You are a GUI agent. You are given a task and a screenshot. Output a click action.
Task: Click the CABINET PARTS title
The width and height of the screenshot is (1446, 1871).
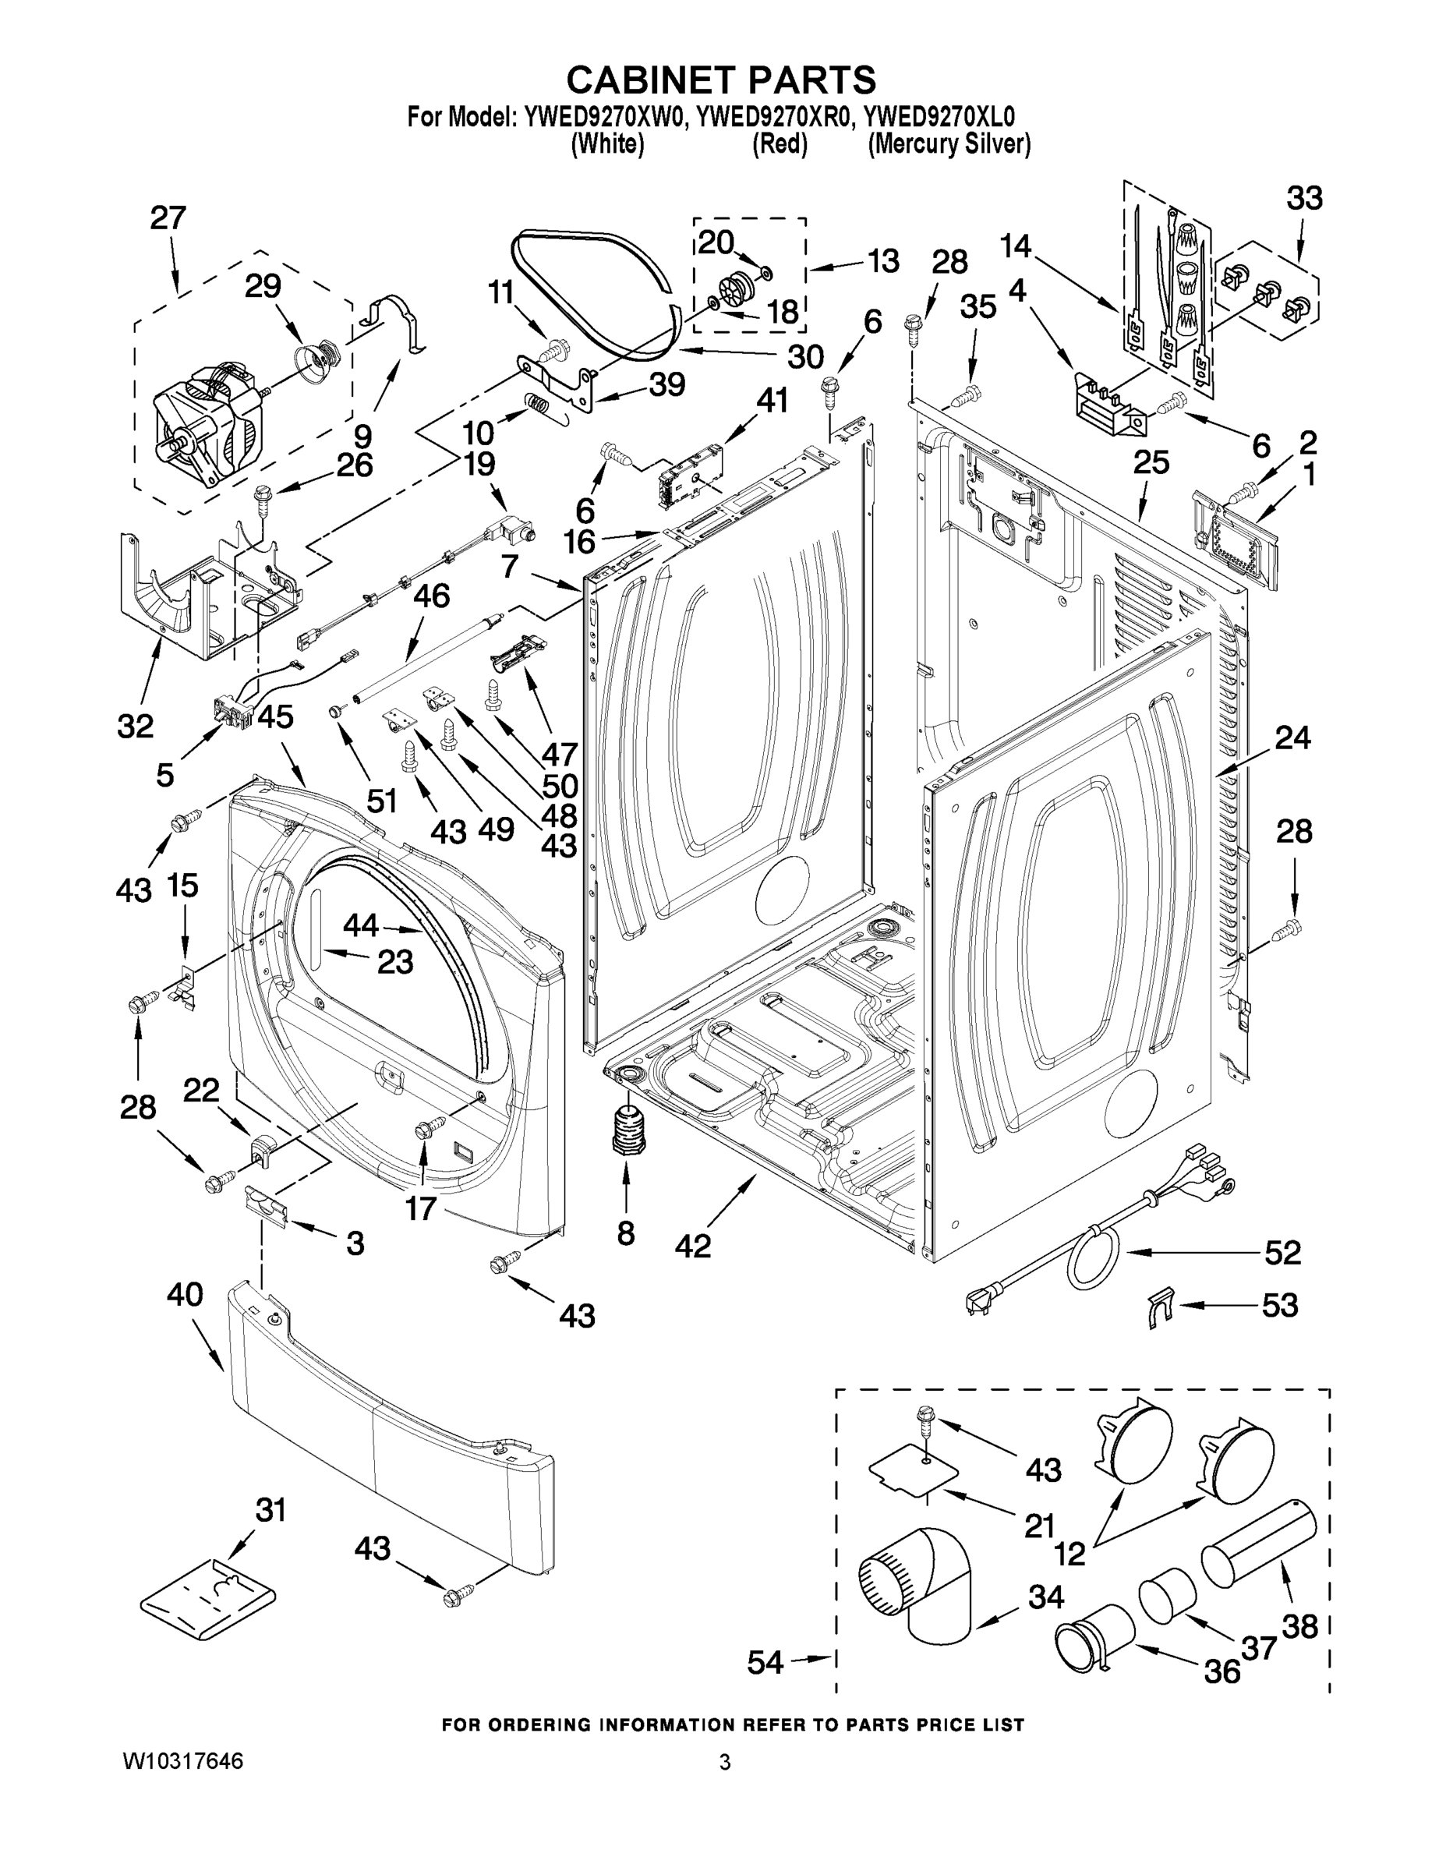tap(721, 80)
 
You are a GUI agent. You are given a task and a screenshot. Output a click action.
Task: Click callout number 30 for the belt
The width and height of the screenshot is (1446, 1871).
tap(805, 356)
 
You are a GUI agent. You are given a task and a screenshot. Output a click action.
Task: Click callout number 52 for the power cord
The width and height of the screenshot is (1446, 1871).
tap(1282, 1253)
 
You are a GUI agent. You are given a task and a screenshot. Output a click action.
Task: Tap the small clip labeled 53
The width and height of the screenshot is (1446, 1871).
tap(1158, 1307)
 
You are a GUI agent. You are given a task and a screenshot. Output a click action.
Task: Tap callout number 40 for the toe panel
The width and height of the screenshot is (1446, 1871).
tap(185, 1293)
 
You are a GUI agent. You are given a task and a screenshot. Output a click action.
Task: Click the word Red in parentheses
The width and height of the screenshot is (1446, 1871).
tap(780, 144)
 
